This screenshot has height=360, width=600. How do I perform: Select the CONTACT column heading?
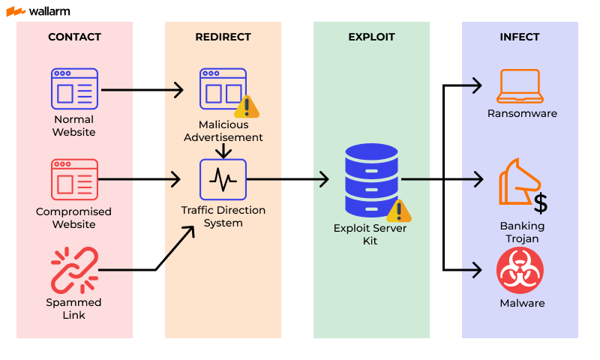pos(74,37)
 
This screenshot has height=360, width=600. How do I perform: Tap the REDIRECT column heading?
pos(223,37)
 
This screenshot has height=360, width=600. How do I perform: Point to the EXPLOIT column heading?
pos(371,37)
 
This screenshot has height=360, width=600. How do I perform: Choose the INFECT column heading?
pos(520,37)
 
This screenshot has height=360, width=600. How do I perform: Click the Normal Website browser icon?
pos(74,88)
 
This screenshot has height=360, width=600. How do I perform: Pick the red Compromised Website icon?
pos(74,179)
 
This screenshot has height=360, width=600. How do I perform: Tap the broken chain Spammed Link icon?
pos(74,270)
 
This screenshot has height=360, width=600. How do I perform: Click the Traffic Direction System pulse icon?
pos(223,179)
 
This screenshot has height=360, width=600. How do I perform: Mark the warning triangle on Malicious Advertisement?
pos(247,107)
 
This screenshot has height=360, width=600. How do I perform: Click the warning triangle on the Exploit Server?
pos(398,211)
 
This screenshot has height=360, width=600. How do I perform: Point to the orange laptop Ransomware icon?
pos(519,87)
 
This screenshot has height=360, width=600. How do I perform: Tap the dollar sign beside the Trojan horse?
pos(539,202)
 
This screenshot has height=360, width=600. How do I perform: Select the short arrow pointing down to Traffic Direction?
pos(223,151)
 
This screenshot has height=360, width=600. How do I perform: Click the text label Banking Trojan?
pos(522,232)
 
